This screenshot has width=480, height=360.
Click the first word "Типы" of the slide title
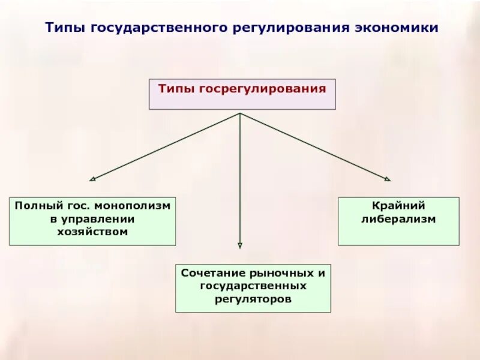point(67,28)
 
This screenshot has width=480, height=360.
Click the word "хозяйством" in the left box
point(92,232)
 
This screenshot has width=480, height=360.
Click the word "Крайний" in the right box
point(398,206)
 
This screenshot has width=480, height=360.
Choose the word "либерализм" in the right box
point(398,219)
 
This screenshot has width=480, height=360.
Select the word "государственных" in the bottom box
point(253,286)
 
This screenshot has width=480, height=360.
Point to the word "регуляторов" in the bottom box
point(253,298)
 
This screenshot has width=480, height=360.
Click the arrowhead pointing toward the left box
point(92,178)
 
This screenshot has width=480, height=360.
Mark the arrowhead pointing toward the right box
point(388,178)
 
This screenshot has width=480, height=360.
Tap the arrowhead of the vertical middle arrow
point(240,245)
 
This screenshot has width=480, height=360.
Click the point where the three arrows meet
point(240,113)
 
